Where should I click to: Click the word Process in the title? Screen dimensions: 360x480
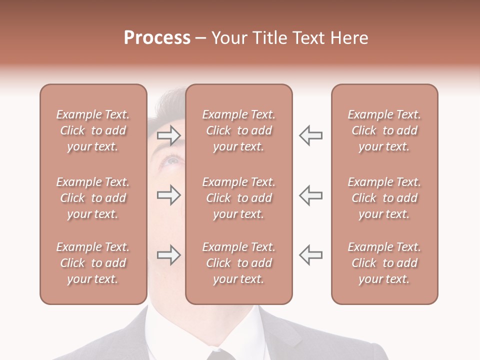157,38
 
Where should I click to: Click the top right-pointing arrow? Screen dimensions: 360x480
169,135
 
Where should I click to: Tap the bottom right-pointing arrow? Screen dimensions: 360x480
169,255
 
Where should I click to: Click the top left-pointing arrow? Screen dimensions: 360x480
310,135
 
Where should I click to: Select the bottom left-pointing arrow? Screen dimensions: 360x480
310,255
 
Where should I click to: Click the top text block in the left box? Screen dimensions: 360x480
93,130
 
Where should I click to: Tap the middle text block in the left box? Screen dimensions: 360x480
93,198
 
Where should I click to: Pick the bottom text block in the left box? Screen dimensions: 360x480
93,263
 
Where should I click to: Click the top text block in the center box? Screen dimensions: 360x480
238,130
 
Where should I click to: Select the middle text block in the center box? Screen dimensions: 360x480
238,198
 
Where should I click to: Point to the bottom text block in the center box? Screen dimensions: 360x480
238,263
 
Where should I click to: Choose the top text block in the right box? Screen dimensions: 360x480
384,130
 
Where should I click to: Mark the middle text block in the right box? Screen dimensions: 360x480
384,198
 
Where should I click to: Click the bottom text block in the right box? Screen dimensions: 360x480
384,263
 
